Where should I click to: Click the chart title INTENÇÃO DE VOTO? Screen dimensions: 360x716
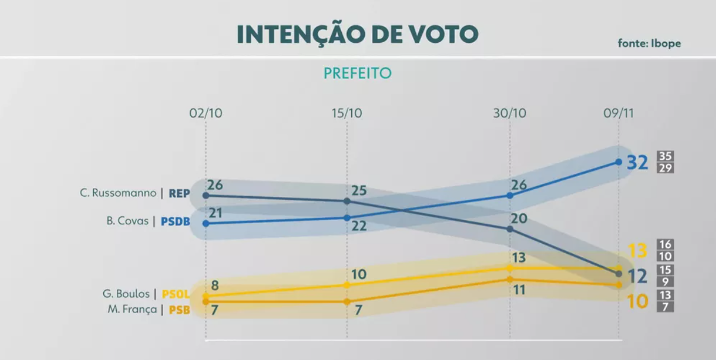coord(357,34)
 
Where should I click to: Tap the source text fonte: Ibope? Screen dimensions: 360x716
coord(649,43)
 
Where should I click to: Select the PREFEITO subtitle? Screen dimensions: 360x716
coord(358,74)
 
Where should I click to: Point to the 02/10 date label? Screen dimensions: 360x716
coord(206,113)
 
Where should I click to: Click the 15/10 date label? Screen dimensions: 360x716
coord(346,113)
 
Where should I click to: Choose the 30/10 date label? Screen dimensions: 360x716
coord(510,113)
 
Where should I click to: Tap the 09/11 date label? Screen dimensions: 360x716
coord(618,113)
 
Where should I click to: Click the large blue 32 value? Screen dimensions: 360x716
coord(638,162)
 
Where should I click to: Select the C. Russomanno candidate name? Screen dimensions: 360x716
coord(118,193)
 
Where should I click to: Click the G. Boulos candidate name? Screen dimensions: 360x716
coord(125,294)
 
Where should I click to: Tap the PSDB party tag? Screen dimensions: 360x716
coord(176,222)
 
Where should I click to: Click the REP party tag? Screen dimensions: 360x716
coord(179,193)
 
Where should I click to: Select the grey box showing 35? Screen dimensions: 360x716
coord(666,157)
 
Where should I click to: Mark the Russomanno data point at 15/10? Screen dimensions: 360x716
coord(347,201)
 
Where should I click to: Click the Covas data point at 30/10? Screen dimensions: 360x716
coord(510,195)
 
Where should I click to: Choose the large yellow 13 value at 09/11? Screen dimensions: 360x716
coord(637,250)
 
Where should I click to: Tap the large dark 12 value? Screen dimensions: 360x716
coord(637,276)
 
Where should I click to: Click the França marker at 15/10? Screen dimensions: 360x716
coord(347,302)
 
